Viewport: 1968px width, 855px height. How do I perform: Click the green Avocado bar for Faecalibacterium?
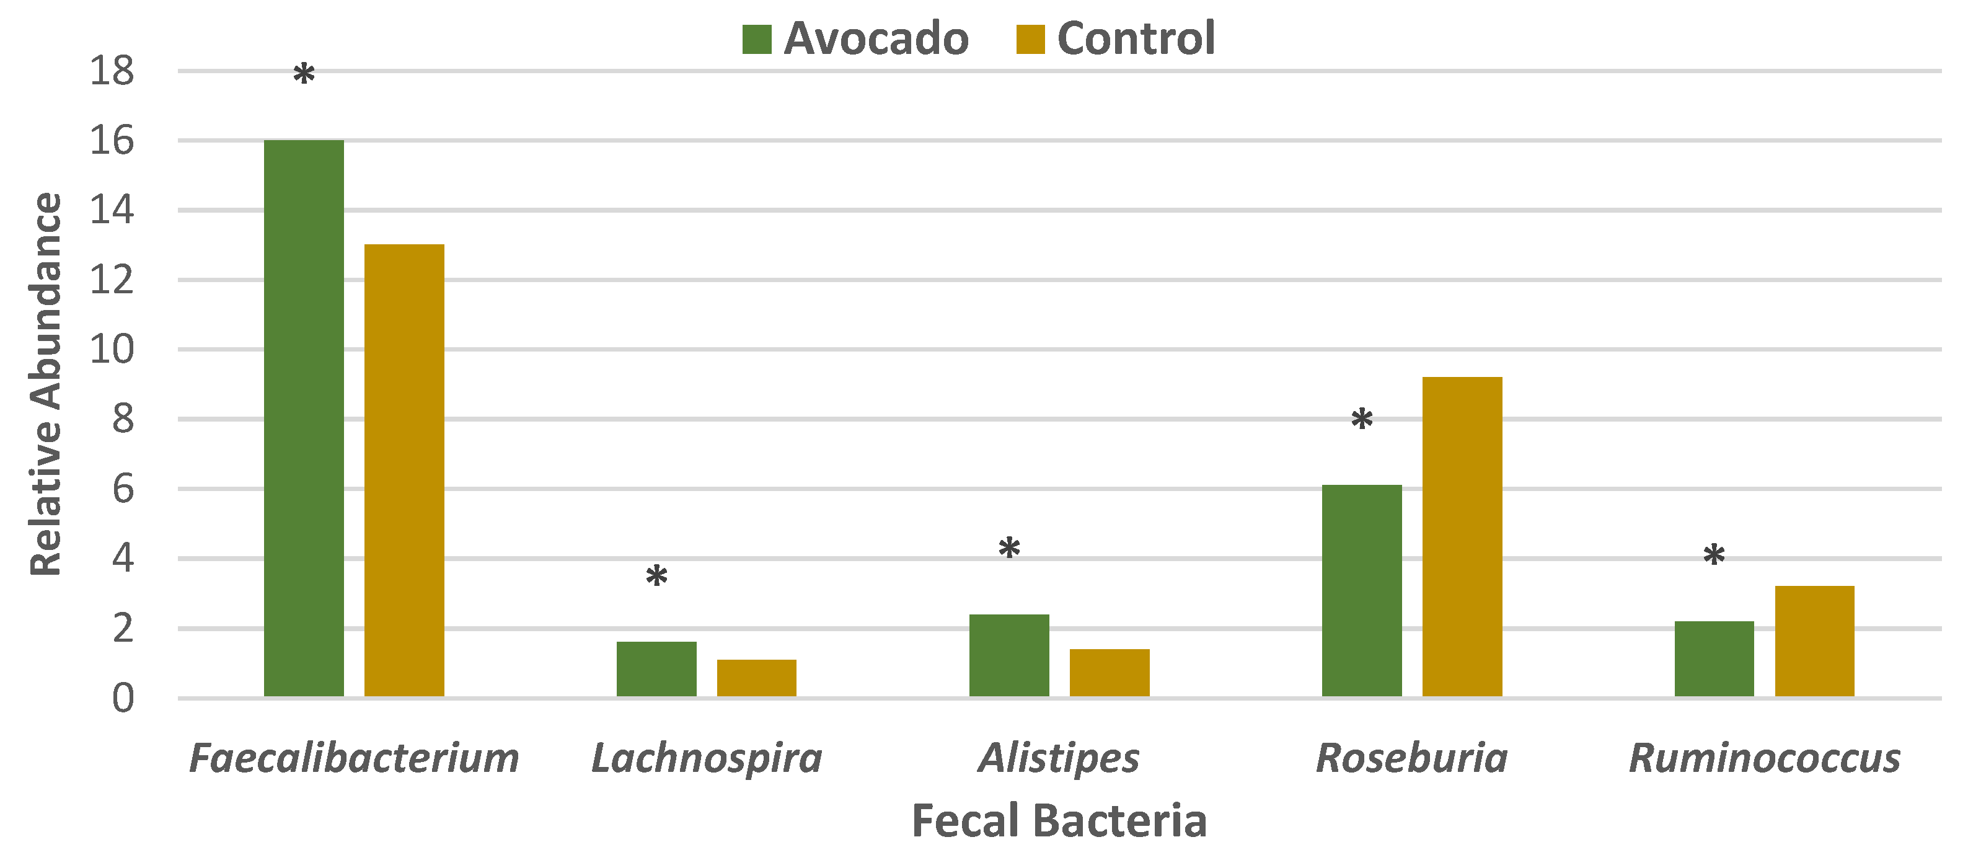[x=304, y=418]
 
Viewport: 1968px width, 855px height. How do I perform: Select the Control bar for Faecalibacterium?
[x=404, y=470]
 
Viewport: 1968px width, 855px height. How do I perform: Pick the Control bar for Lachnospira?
[x=756, y=678]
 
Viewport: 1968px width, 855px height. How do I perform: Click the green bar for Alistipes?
[x=1009, y=655]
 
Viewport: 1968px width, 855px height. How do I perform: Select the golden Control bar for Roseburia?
[x=1462, y=536]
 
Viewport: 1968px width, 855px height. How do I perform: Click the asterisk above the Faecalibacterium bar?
[x=304, y=76]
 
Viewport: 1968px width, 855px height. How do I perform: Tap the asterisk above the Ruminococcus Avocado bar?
[x=1714, y=556]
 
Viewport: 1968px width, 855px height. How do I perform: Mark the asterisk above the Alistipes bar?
[x=1009, y=549]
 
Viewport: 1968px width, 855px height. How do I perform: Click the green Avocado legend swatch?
[x=756, y=39]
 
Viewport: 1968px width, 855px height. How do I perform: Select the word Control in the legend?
[x=1136, y=39]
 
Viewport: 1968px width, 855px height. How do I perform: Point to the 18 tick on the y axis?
[x=112, y=71]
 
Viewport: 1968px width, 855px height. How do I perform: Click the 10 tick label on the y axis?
[x=112, y=350]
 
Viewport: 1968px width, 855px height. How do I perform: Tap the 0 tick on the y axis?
[x=122, y=698]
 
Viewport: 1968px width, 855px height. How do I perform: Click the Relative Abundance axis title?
[x=46, y=384]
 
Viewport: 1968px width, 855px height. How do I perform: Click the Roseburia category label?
[x=1412, y=758]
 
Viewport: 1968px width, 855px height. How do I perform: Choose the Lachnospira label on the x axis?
[x=707, y=758]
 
